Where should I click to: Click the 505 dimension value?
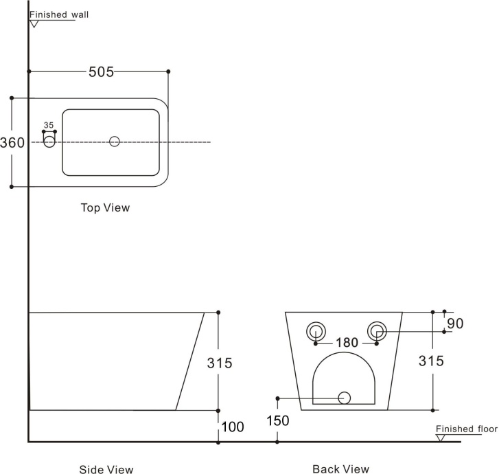pyautogui.click(x=101, y=72)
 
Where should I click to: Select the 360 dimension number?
pyautogui.click(x=12, y=142)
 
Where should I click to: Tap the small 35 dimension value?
pyautogui.click(x=49, y=125)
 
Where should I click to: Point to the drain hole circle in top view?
pyautogui.click(x=115, y=142)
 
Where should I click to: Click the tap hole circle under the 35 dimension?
pyautogui.click(x=49, y=142)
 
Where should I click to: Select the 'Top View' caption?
pyautogui.click(x=105, y=207)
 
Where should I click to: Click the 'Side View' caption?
pyautogui.click(x=106, y=469)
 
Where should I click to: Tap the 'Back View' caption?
pyautogui.click(x=341, y=469)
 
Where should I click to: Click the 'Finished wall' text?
pyautogui.click(x=59, y=14)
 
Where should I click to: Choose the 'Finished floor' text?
pyautogui.click(x=467, y=429)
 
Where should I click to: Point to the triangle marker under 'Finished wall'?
pyautogui.click(x=34, y=24)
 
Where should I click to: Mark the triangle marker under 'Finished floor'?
pyautogui.click(x=440, y=438)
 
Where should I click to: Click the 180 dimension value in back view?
pyautogui.click(x=347, y=343)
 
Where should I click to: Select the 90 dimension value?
pyautogui.click(x=455, y=324)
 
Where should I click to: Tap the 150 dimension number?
pyautogui.click(x=278, y=421)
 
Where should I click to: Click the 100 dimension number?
pyautogui.click(x=233, y=427)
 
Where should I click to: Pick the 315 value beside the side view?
pyautogui.click(x=220, y=363)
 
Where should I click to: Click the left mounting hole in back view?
pyautogui.click(x=316, y=331)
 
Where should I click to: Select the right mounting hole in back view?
pyautogui.click(x=377, y=331)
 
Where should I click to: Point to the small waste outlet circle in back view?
pyautogui.click(x=345, y=398)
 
